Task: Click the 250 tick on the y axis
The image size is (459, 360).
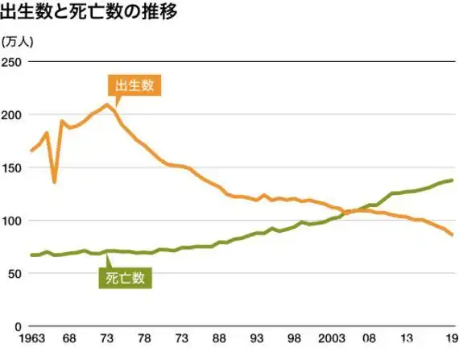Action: (x=14, y=62)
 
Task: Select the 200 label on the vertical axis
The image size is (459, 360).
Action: (x=14, y=115)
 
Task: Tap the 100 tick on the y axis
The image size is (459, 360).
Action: (x=14, y=221)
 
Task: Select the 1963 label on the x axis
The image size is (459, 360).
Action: (x=31, y=337)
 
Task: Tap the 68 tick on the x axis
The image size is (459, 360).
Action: (x=69, y=337)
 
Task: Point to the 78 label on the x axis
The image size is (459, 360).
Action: (x=144, y=337)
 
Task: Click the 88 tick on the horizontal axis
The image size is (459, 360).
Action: (x=219, y=337)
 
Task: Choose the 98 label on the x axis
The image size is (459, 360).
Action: (x=295, y=337)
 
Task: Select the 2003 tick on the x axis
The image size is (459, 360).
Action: (x=332, y=337)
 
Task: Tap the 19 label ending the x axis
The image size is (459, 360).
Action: (x=452, y=337)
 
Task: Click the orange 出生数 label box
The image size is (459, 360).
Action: (x=134, y=85)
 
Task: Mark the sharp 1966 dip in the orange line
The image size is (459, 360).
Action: (x=54, y=182)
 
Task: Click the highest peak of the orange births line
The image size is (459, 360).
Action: (x=107, y=105)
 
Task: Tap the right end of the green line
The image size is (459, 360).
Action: (x=452, y=180)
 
